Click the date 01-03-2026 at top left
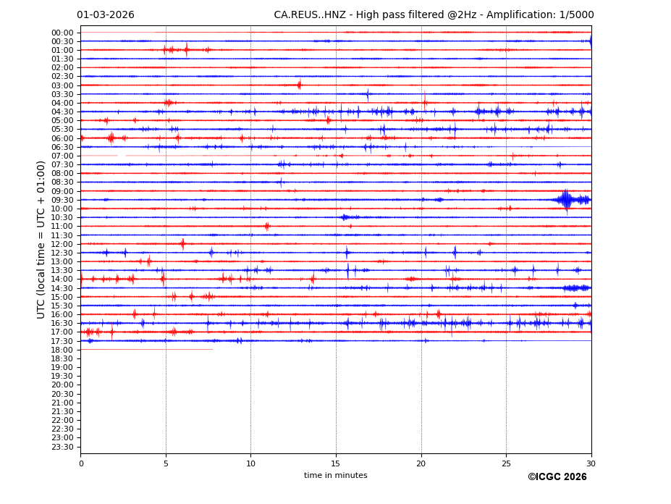pyautogui.click(x=106, y=15)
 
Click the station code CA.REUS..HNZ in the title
pyautogui.click(x=310, y=15)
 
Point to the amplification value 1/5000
pyautogui.click(x=576, y=15)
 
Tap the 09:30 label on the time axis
pyautogui.click(x=62, y=200)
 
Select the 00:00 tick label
pyautogui.click(x=62, y=33)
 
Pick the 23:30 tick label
pyautogui.click(x=62, y=447)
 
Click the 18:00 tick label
pyautogui.click(x=62, y=350)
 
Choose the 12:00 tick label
pyautogui.click(x=62, y=244)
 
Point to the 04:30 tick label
pyautogui.click(x=62, y=112)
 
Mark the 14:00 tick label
pyautogui.click(x=62, y=279)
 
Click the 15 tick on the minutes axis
pyautogui.click(x=336, y=463)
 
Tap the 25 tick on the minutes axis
pyautogui.click(x=506, y=463)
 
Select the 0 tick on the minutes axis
pyautogui.click(x=81, y=463)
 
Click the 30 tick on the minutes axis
pyautogui.click(x=591, y=463)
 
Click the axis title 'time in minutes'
pyautogui.click(x=335, y=476)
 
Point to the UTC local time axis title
pyautogui.click(x=42, y=239)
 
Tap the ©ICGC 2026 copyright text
pyautogui.click(x=557, y=477)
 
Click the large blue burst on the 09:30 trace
pyautogui.click(x=566, y=199)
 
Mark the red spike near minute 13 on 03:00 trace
pyautogui.click(x=299, y=85)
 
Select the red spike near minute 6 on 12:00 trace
pyautogui.click(x=182, y=244)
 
